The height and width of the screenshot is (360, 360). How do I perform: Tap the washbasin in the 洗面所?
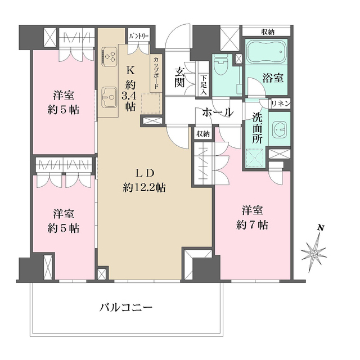(x=280, y=129)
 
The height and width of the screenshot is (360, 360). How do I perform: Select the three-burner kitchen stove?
(x=110, y=56)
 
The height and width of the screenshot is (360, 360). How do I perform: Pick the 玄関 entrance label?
(x=181, y=78)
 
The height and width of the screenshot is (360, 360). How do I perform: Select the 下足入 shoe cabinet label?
(x=204, y=84)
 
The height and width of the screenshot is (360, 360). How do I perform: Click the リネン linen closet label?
(x=280, y=103)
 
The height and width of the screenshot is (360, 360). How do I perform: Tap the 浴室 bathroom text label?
(x=273, y=78)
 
